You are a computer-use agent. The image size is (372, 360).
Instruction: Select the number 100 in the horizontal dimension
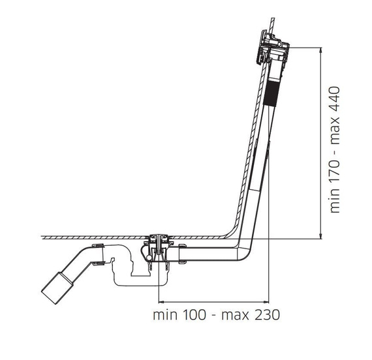pyautogui.click(x=194, y=315)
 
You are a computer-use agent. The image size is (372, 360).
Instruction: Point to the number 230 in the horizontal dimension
pyautogui.click(x=268, y=315)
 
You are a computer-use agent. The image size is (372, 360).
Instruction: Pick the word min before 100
pyautogui.click(x=165, y=315)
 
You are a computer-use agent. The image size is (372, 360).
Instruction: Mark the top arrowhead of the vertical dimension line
pyautogui.click(x=321, y=50)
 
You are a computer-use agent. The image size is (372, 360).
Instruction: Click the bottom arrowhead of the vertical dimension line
pyautogui.click(x=321, y=236)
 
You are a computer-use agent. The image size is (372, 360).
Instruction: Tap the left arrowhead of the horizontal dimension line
pyautogui.click(x=161, y=302)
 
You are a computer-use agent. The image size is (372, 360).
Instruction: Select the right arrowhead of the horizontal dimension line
pyautogui.click(x=266, y=302)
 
